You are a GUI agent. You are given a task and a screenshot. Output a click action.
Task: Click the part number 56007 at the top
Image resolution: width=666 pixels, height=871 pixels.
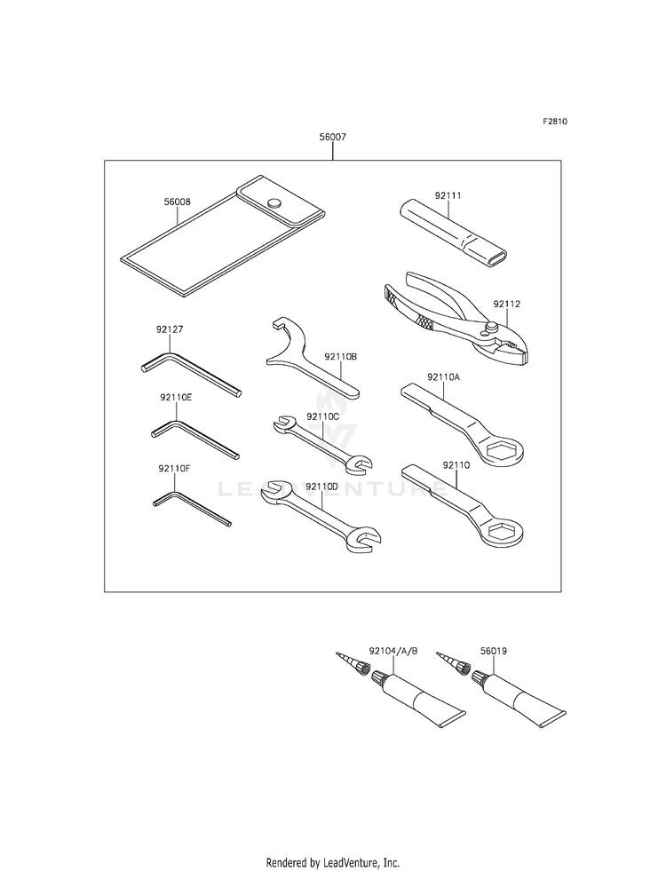333,138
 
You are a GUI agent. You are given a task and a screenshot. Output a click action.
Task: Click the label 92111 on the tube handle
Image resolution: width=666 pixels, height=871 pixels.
448,194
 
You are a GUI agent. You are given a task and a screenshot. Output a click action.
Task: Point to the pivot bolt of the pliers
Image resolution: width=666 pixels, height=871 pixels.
491,329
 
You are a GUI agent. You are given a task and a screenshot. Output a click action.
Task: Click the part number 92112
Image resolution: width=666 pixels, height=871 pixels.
507,304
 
